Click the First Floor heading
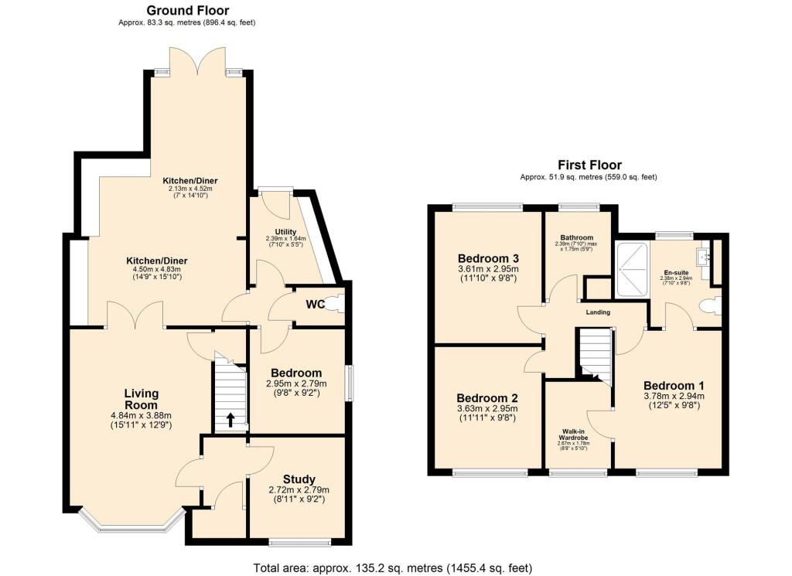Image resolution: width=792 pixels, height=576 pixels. point(589,165)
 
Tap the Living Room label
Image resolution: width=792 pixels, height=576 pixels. point(141,399)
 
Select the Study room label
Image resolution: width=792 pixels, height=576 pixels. point(298,479)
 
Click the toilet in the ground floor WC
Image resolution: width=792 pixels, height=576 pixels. point(335,305)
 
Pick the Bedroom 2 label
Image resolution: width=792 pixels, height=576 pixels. point(487,393)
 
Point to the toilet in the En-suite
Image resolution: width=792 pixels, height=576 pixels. point(708,308)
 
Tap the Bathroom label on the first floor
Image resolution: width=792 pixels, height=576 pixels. point(577,237)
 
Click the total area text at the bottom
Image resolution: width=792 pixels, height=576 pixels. point(393,568)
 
